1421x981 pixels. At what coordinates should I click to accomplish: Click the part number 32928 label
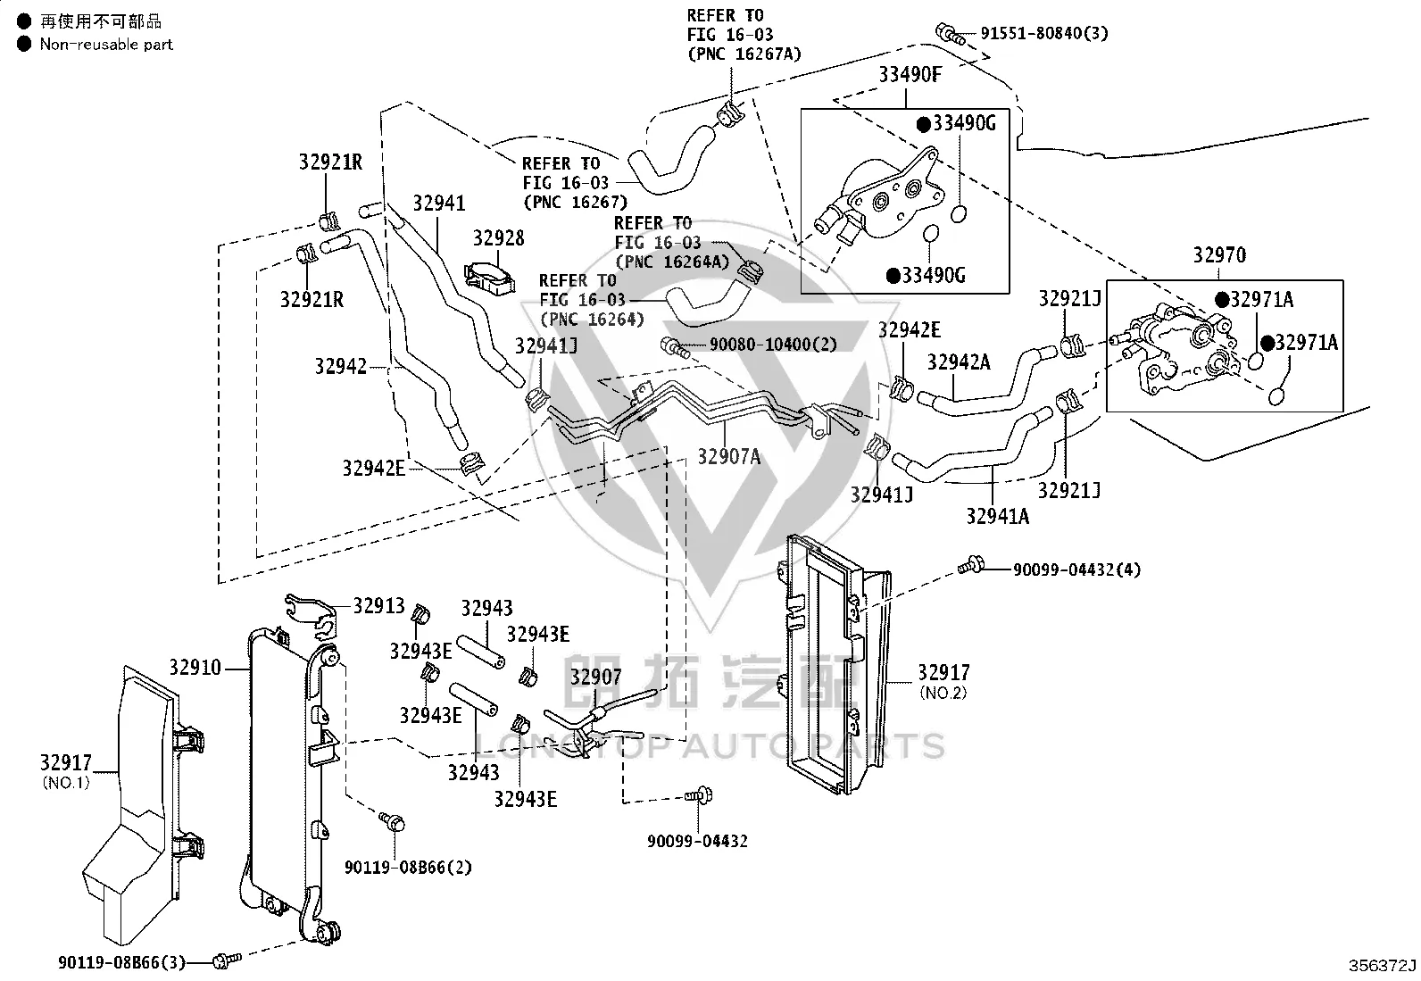coord(499,238)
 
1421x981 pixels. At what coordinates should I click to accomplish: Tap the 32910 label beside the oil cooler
coord(195,667)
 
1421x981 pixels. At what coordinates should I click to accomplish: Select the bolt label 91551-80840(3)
coord(1044,33)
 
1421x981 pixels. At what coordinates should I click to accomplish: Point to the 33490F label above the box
coord(910,74)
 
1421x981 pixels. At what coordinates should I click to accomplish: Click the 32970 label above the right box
coord(1219,254)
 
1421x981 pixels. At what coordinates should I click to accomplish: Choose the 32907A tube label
coord(729,456)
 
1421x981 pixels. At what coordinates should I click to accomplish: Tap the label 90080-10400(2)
coord(773,344)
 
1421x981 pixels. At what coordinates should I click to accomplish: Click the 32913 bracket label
coord(378,605)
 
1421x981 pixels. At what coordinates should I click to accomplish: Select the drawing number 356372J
coord(1382,965)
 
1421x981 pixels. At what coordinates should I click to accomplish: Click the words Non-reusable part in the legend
coord(106,45)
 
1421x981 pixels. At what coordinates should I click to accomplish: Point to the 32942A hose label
coord(959,362)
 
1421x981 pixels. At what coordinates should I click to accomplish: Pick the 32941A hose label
coord(997,516)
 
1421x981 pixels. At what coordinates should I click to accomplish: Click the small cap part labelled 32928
coord(489,279)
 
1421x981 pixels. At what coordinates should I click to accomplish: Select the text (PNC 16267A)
coord(744,54)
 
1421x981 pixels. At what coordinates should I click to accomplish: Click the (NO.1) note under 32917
coord(66,782)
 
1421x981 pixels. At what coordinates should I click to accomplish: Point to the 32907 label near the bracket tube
coord(595,677)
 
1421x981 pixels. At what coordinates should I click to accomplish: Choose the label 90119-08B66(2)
coord(409,867)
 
